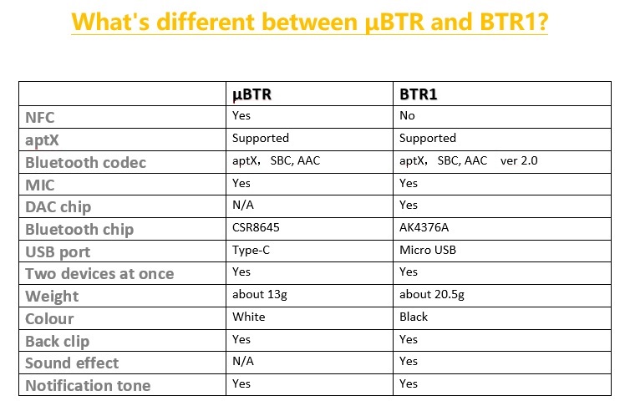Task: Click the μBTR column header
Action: [x=252, y=95]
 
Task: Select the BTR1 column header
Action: [x=419, y=94]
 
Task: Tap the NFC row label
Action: [x=40, y=118]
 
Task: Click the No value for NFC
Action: [x=407, y=116]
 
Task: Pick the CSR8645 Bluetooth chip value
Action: [x=256, y=227]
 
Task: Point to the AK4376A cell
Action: [x=424, y=227]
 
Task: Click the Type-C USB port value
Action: [x=251, y=251]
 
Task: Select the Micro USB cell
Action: [x=428, y=250]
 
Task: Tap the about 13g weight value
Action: [x=260, y=295]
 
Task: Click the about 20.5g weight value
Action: [x=432, y=295]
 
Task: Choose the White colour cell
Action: [x=249, y=317]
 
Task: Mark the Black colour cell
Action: [x=414, y=317]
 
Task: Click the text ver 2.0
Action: [x=519, y=160]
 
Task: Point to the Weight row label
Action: [x=52, y=297]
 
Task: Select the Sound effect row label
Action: [x=72, y=363]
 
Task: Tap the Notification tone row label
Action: [x=88, y=386]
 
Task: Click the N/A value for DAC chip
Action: [x=243, y=206]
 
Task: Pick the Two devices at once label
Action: [x=99, y=274]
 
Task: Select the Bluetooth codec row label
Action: [x=85, y=163]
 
